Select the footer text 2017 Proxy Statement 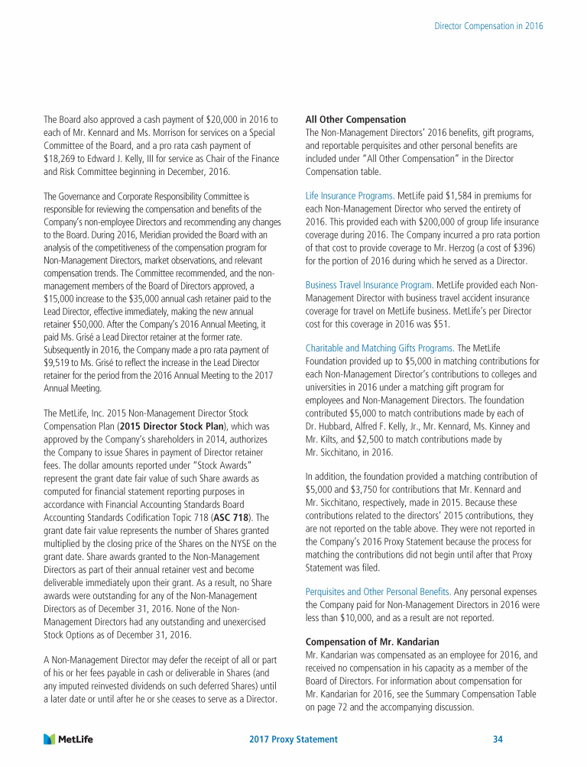coord(293,739)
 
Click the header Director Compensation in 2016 coord(488,25)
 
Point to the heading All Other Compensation coord(355,119)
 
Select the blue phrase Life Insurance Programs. coord(349,196)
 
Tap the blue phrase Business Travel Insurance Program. coord(369,284)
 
